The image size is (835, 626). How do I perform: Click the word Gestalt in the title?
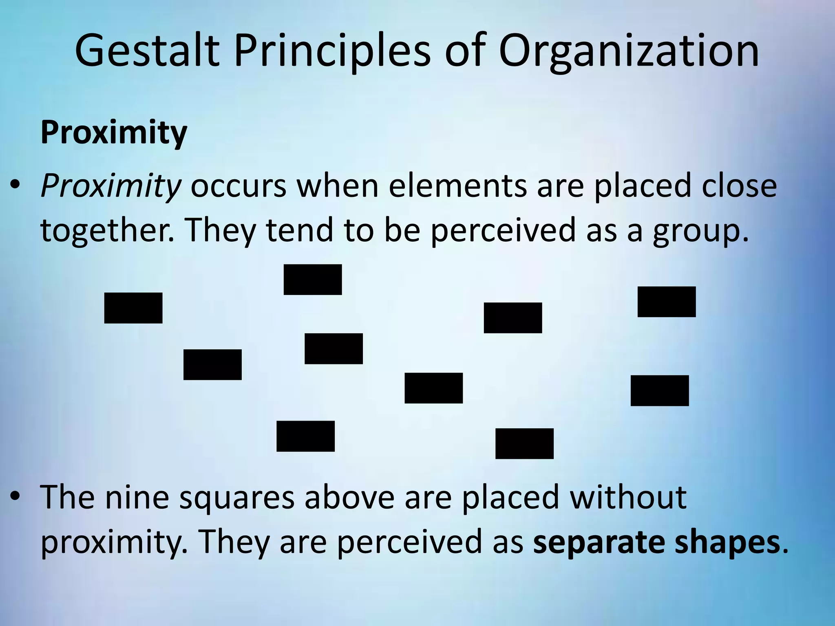(x=147, y=51)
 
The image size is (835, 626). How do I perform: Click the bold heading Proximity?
(x=114, y=133)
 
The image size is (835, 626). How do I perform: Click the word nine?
(x=137, y=497)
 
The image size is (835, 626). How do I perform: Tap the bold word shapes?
(x=727, y=543)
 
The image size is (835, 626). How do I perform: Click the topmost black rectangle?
(x=313, y=280)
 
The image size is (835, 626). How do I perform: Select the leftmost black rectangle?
(x=133, y=308)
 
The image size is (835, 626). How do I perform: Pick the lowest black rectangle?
(x=524, y=443)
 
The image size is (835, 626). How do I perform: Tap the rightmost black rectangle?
(x=667, y=302)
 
